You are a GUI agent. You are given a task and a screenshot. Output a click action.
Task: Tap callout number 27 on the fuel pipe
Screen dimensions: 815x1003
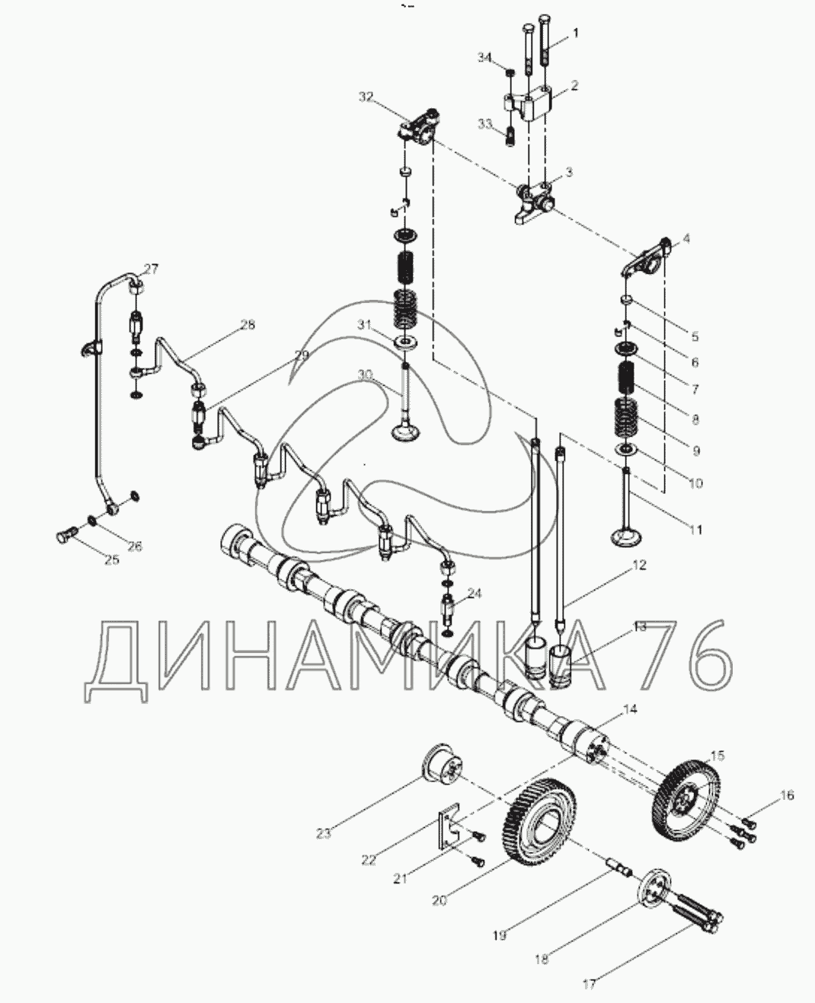pyautogui.click(x=152, y=269)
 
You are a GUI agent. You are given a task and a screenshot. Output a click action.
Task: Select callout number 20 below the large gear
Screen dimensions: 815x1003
pyautogui.click(x=439, y=900)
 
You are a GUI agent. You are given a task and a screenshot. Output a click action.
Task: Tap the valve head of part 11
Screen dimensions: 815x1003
pyautogui.click(x=626, y=537)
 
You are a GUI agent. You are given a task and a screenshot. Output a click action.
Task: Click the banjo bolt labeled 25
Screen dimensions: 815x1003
pyautogui.click(x=67, y=537)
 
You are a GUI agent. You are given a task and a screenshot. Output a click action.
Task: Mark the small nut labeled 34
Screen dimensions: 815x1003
pyautogui.click(x=510, y=74)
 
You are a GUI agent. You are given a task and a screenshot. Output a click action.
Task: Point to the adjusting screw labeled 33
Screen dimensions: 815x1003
pyautogui.click(x=510, y=136)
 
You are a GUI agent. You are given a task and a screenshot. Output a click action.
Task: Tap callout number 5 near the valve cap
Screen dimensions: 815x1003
pyautogui.click(x=695, y=336)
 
